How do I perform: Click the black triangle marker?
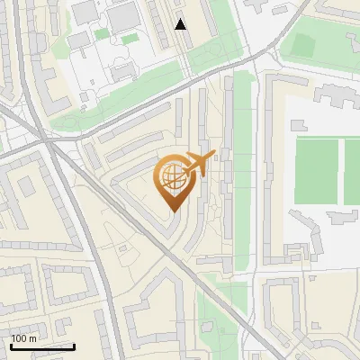tap(181, 24)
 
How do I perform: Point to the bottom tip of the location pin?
tap(172, 211)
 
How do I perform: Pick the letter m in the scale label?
tap(33, 338)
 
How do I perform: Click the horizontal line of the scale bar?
tap(41, 346)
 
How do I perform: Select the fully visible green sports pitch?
tap(316, 168)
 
